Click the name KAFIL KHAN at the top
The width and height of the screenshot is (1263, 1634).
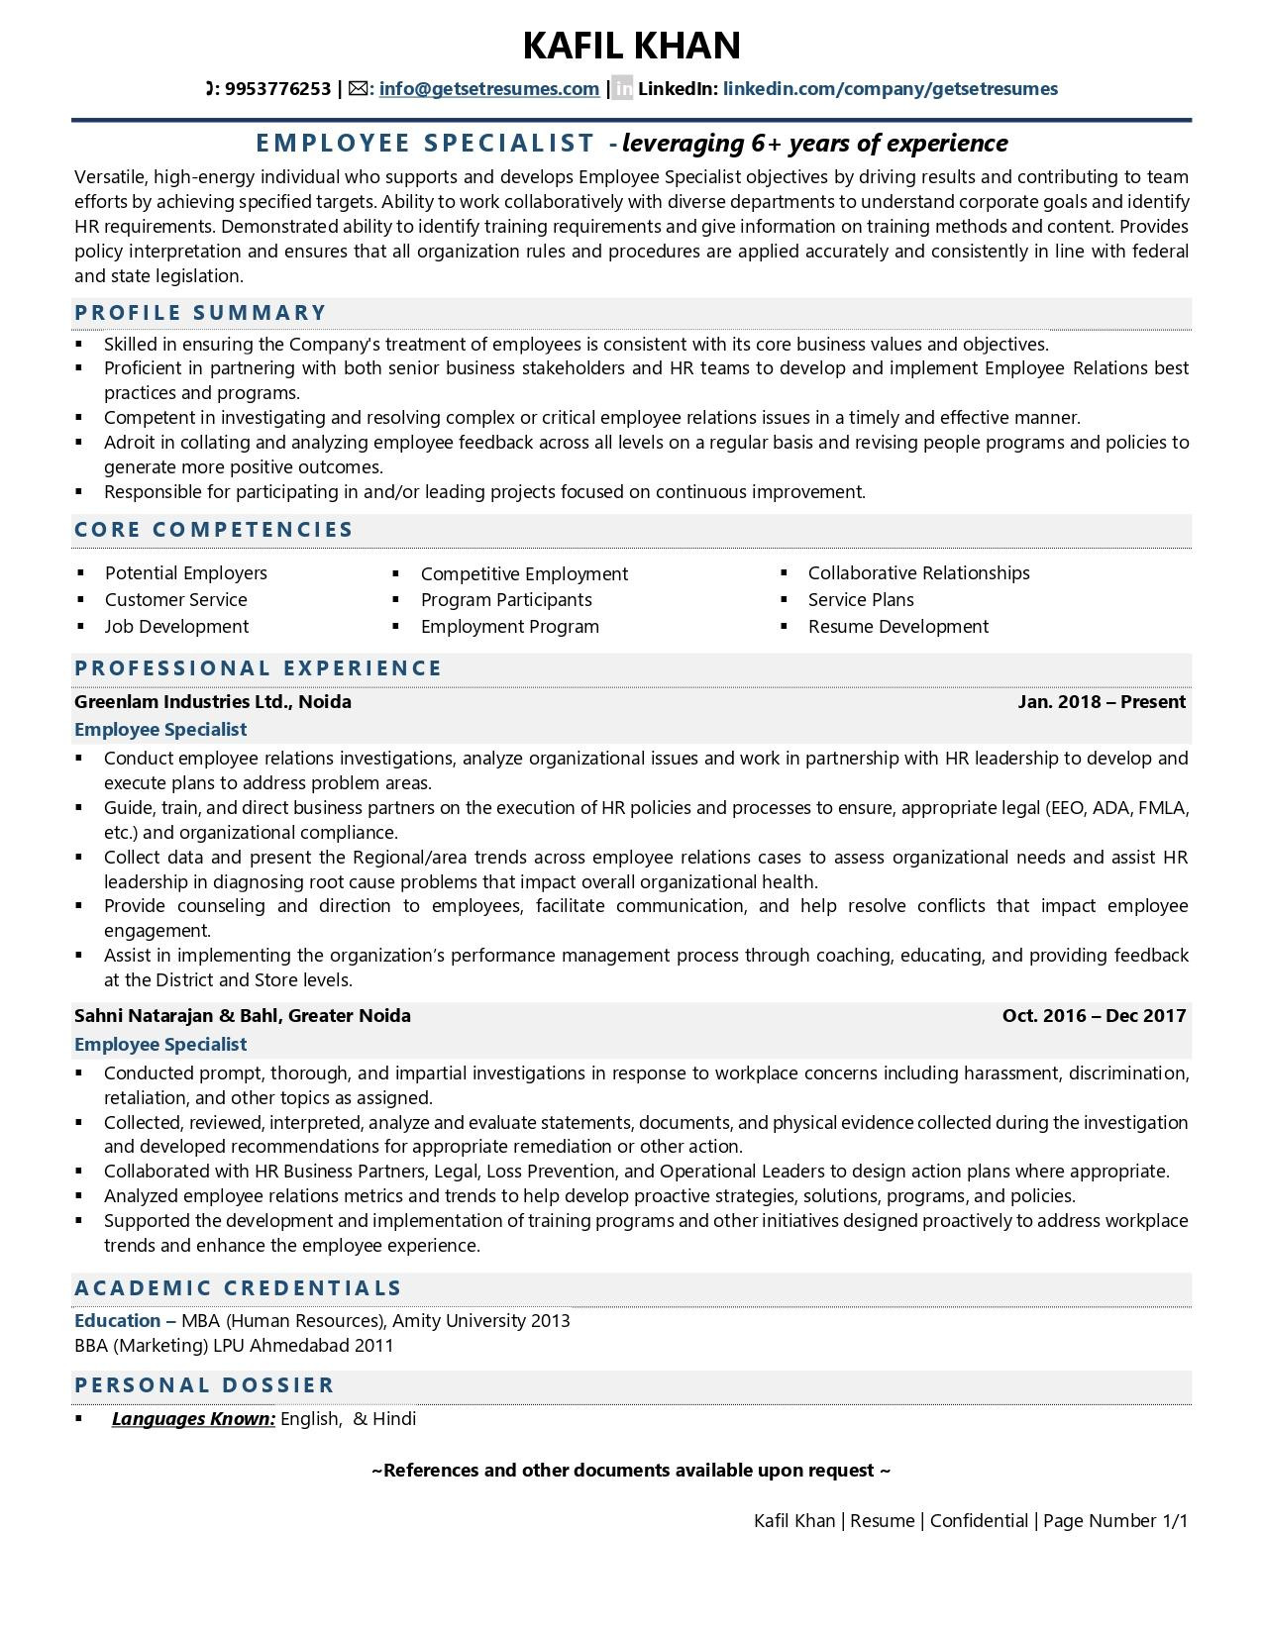(631, 46)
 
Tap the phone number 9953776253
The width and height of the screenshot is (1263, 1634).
(277, 89)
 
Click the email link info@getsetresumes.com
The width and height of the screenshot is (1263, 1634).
(488, 89)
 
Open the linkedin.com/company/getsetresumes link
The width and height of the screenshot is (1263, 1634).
(890, 89)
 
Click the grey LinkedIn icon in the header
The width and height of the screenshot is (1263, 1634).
(622, 89)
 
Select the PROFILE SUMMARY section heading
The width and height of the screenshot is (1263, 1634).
(200, 313)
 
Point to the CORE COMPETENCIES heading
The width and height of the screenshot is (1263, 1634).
(214, 530)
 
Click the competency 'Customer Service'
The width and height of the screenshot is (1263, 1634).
(176, 600)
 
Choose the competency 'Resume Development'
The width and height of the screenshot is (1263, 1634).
(897, 627)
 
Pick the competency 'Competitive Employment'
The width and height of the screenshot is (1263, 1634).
(524, 574)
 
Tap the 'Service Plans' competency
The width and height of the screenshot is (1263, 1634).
(861, 600)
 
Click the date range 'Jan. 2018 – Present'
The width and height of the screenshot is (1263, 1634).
(1101, 702)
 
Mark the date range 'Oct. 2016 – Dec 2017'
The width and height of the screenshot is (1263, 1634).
(1094, 1016)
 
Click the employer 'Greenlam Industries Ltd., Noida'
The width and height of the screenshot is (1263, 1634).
(213, 702)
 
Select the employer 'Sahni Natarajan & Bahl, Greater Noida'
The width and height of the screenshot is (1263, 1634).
(243, 1016)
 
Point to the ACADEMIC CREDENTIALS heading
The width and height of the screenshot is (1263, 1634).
(238, 1288)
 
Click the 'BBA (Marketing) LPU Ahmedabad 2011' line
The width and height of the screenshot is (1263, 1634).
(234, 1346)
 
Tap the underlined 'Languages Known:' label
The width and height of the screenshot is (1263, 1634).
(193, 1419)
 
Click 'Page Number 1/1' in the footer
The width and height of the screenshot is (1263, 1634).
(1114, 1521)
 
